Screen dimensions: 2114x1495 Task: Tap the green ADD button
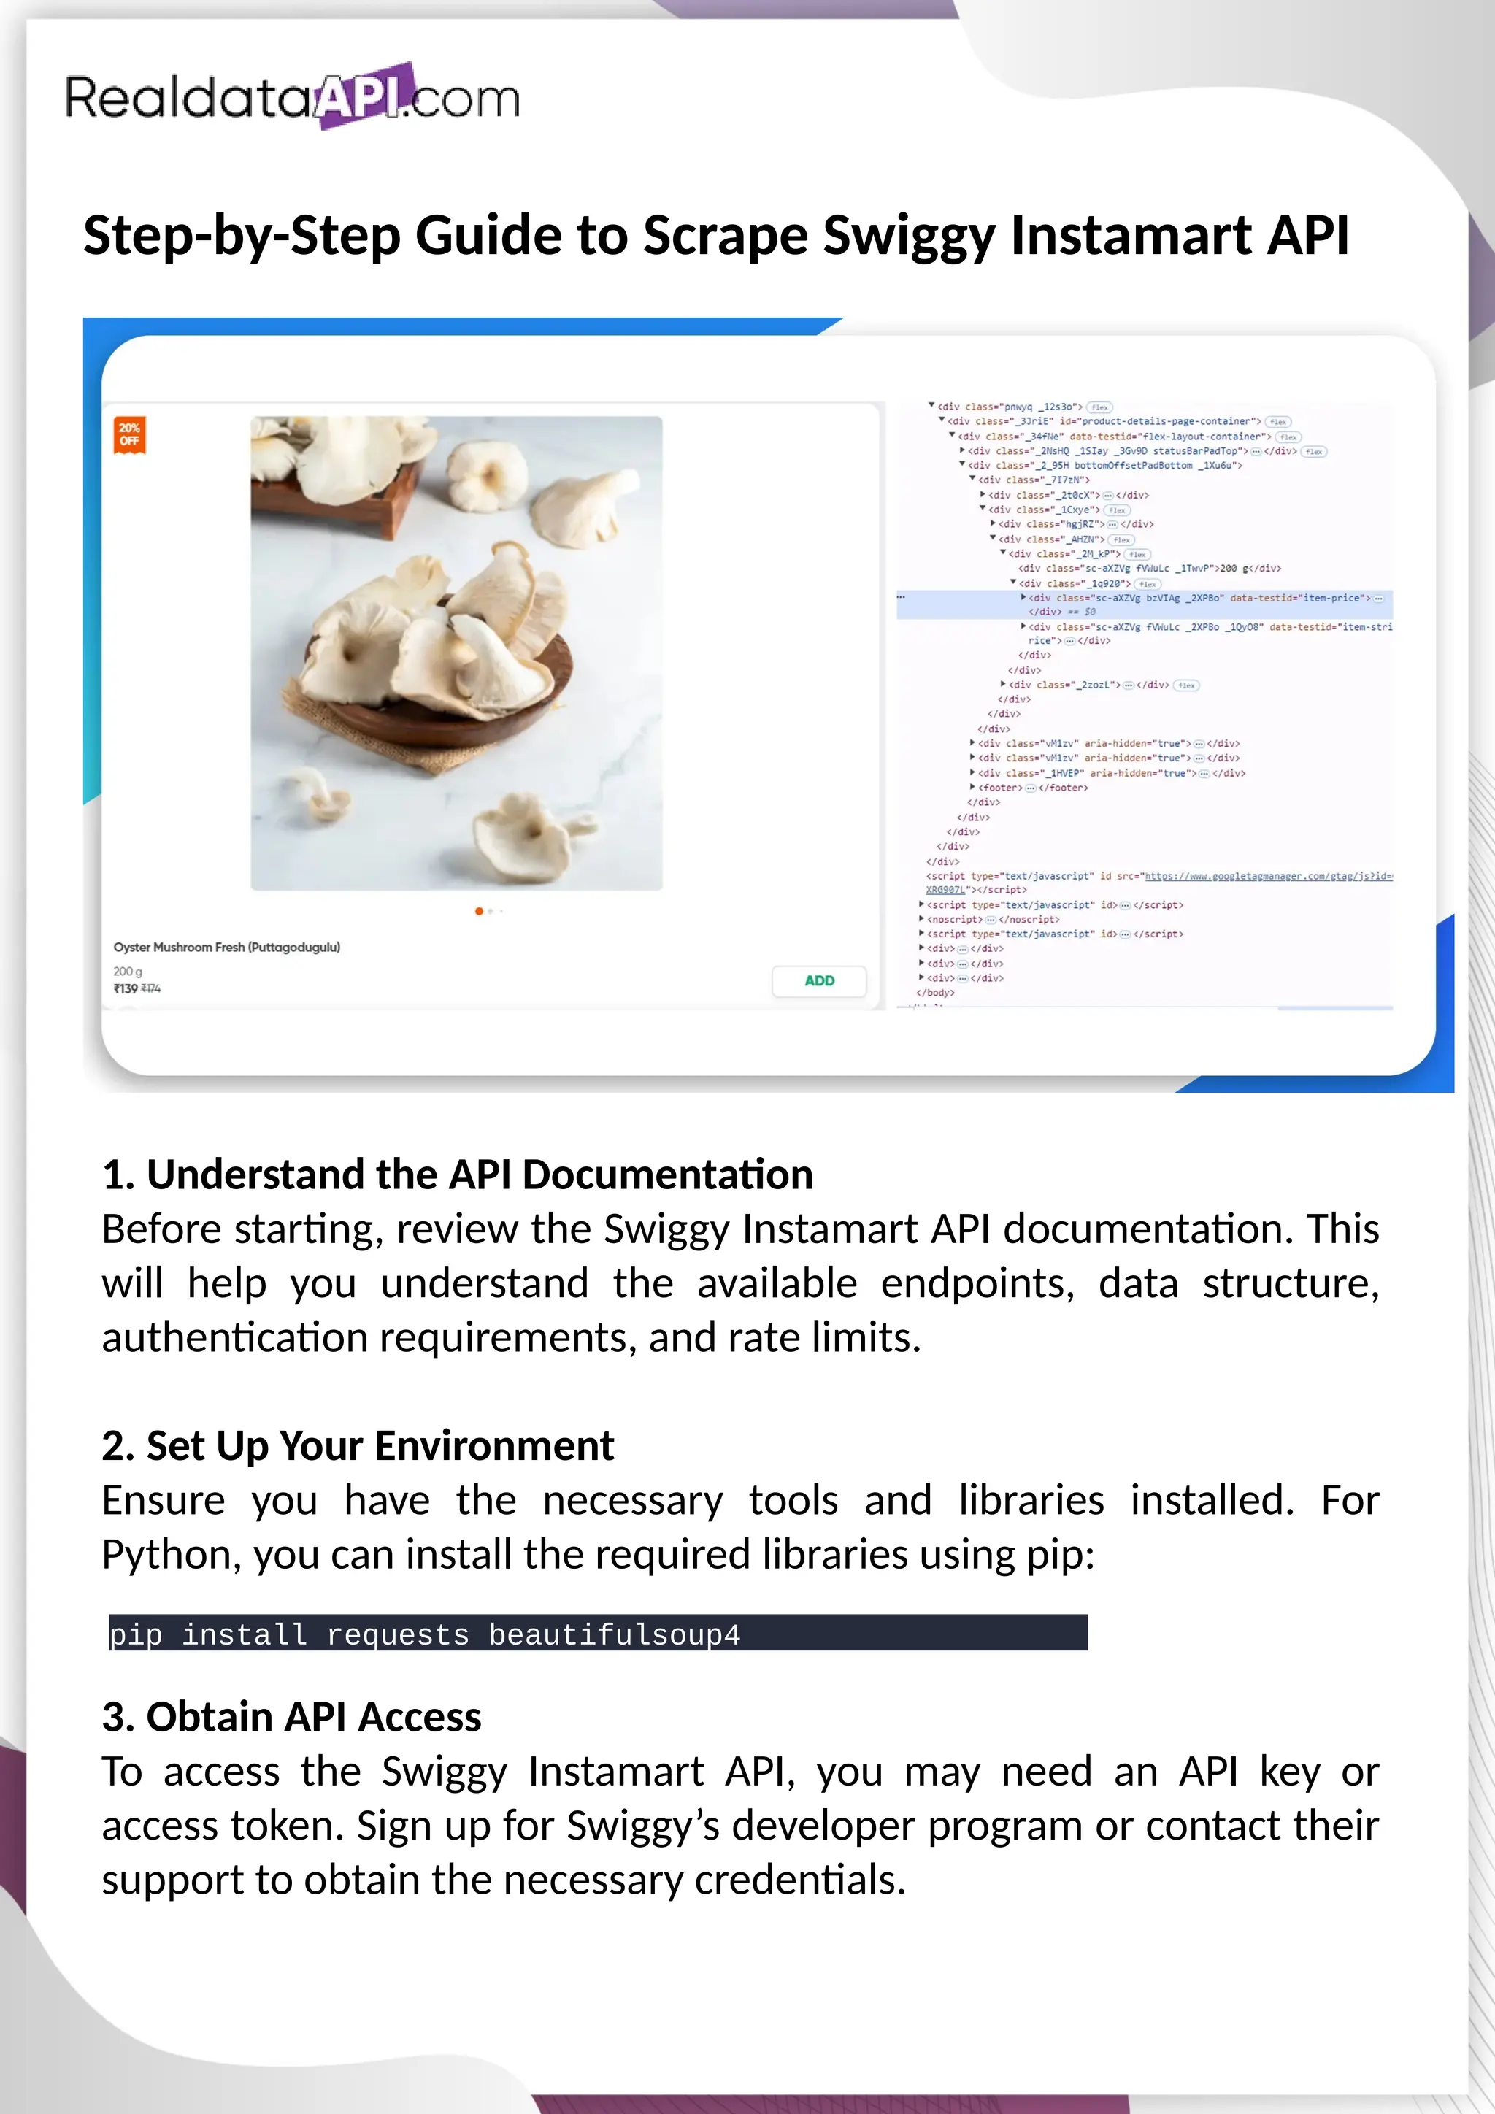[x=818, y=980]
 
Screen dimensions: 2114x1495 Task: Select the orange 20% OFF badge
[x=130, y=434]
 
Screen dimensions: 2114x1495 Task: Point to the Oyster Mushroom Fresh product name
[x=226, y=947]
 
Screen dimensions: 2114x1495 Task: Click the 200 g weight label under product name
[x=128, y=972]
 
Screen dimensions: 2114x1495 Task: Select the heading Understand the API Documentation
[x=458, y=1175]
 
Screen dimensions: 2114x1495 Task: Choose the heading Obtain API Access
[x=292, y=1716]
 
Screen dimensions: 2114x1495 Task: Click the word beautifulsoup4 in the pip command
[x=614, y=1635]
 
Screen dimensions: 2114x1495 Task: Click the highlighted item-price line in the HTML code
[x=1196, y=599]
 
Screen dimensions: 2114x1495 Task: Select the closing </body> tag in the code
[x=935, y=993]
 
